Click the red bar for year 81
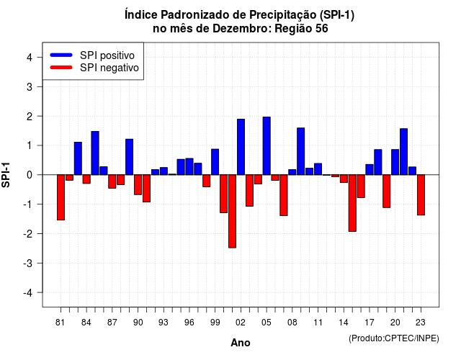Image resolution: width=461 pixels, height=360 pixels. point(61,197)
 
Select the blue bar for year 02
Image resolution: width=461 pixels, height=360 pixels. point(241,147)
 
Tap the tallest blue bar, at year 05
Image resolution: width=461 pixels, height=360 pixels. point(267,145)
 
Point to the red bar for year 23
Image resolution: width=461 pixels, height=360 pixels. point(421,195)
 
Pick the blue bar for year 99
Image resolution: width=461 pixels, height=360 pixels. point(215,162)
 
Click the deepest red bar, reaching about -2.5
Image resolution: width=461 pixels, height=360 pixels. point(232,211)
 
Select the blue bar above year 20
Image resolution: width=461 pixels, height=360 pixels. point(395,162)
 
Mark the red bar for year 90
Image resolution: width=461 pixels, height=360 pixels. point(138,184)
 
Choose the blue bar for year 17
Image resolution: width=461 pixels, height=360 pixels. point(370,170)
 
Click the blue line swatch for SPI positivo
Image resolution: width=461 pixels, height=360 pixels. point(61,55)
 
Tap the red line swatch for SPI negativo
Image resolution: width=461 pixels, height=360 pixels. point(61,68)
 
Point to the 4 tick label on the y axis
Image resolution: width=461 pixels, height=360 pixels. point(30,58)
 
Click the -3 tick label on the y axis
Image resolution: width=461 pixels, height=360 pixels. point(28,264)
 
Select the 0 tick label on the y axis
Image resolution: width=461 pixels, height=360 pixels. point(30,175)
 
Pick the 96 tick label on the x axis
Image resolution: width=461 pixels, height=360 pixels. point(189,323)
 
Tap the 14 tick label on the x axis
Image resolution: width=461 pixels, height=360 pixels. point(344,323)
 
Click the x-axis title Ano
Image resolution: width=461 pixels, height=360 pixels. point(241,343)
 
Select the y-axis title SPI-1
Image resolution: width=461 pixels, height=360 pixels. point(6,175)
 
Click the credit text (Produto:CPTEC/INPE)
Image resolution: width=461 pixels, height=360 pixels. point(394,338)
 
